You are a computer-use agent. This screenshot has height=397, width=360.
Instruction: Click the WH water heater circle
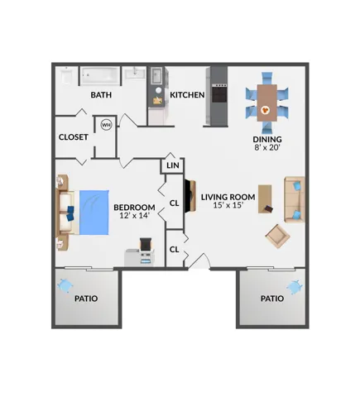click(x=106, y=125)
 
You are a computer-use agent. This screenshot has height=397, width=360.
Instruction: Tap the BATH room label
click(x=101, y=95)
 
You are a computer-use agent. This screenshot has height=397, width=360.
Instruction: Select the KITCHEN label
click(x=187, y=95)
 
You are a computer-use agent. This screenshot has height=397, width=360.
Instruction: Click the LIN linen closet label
click(x=173, y=165)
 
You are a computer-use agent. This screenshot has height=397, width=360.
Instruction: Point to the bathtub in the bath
click(x=100, y=75)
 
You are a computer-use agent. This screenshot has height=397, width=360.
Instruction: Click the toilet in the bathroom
click(x=66, y=75)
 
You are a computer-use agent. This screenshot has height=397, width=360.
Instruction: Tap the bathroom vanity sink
click(x=135, y=74)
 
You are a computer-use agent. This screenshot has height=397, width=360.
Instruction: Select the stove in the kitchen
click(x=219, y=93)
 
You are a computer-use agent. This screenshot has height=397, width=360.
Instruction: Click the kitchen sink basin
click(x=156, y=75)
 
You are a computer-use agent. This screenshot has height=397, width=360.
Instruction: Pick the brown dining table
click(x=267, y=103)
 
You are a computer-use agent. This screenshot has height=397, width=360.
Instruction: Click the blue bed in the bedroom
click(x=94, y=213)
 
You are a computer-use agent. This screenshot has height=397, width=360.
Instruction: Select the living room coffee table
click(x=265, y=198)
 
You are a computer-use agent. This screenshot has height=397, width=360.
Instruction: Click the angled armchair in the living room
click(x=277, y=236)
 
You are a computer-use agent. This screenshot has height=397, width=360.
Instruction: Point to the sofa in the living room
click(x=295, y=199)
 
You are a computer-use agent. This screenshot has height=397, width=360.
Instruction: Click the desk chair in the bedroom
click(x=146, y=244)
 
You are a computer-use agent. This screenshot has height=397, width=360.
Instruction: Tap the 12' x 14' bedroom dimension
click(x=135, y=215)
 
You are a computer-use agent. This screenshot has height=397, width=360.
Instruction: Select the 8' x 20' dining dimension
click(x=267, y=147)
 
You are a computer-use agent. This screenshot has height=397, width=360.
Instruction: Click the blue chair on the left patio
click(x=65, y=286)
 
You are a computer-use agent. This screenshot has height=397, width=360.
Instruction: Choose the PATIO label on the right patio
click(x=272, y=299)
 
